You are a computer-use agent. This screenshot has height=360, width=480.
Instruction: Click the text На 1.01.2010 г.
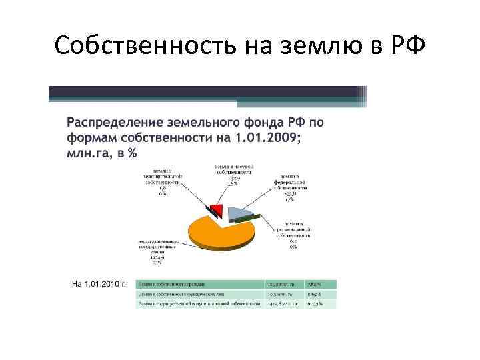click(x=101, y=285)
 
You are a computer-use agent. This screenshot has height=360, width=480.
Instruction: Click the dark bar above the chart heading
click(x=207, y=93)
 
